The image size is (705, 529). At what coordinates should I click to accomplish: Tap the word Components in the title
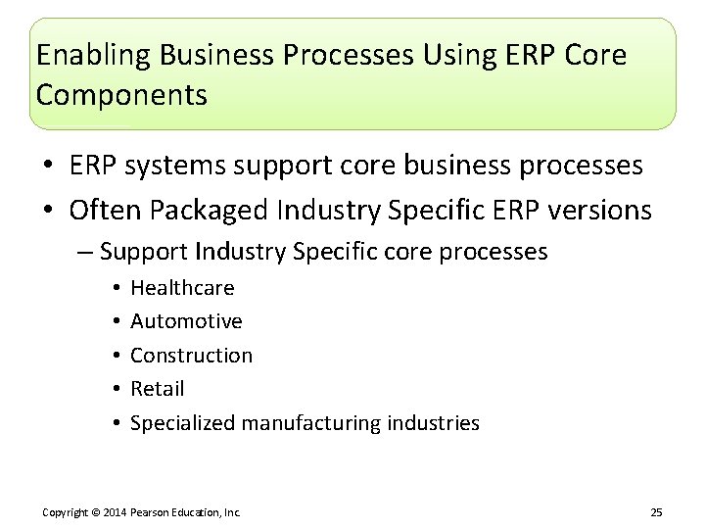coord(121,95)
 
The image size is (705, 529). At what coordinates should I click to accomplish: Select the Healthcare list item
coord(182,288)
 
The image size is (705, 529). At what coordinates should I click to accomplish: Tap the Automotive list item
coord(186,321)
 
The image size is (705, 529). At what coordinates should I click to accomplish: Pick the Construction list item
coord(191,356)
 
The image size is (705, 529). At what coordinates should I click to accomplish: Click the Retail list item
coord(157,389)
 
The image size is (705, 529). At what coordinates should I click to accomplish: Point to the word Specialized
coord(182,423)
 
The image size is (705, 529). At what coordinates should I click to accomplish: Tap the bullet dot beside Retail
coord(116,389)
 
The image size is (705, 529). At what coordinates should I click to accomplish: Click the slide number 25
coord(656,512)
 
